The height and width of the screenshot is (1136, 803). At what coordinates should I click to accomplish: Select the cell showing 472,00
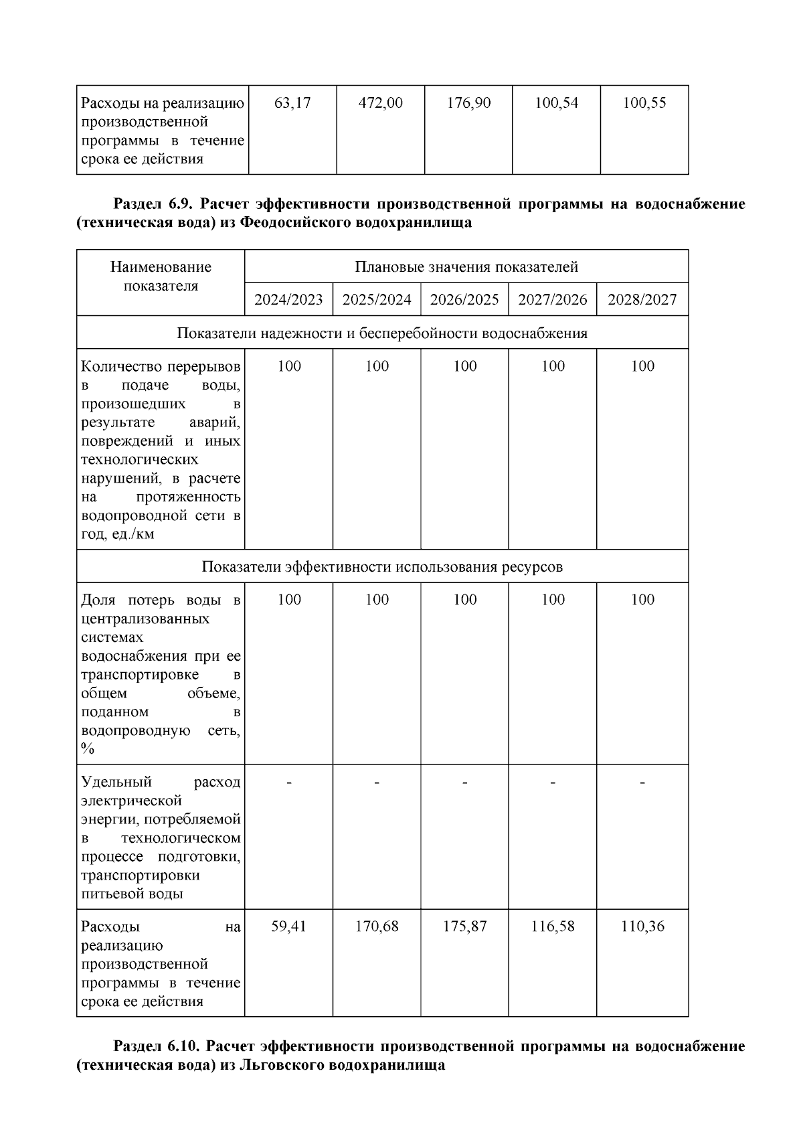click(380, 103)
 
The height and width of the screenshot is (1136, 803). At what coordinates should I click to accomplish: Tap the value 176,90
click(468, 103)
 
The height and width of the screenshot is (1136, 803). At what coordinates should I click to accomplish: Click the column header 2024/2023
click(288, 299)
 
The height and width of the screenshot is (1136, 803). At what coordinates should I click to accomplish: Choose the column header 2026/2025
click(464, 299)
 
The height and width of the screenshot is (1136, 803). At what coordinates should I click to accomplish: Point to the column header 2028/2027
click(642, 299)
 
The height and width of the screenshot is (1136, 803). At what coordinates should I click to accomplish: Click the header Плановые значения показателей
click(466, 267)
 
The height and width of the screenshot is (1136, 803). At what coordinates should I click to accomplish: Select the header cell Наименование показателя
click(161, 276)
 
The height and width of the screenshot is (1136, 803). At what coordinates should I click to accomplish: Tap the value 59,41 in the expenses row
click(288, 926)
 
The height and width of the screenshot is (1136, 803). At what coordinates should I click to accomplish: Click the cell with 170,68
click(377, 926)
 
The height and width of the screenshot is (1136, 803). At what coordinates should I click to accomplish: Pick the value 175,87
click(464, 926)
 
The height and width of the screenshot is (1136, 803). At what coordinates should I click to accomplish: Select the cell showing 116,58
click(553, 926)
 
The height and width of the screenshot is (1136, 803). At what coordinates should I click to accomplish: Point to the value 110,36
click(642, 926)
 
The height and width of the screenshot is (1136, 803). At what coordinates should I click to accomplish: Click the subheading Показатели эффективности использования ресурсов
click(382, 567)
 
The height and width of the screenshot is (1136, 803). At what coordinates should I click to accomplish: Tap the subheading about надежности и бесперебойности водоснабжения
click(382, 333)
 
